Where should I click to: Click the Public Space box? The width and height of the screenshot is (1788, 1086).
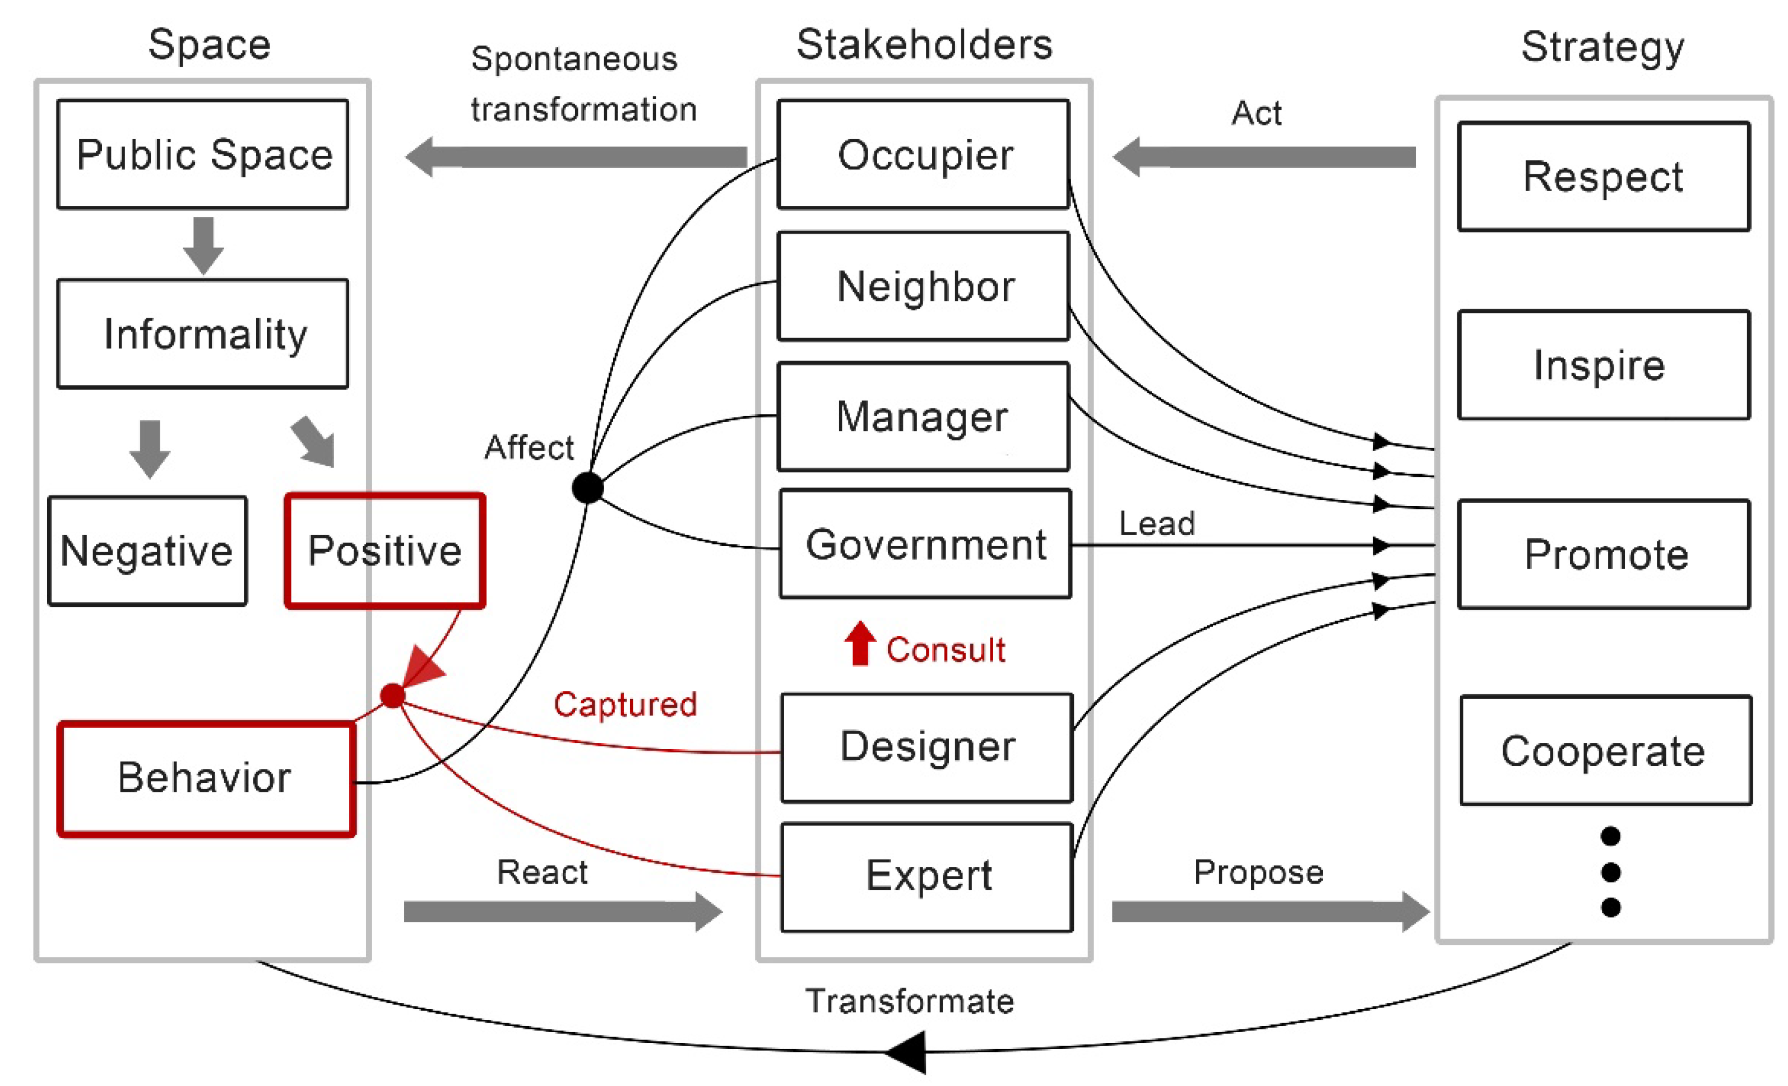(202, 155)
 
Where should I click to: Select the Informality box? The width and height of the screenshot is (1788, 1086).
(202, 334)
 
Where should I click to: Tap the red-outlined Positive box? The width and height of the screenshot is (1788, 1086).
(385, 551)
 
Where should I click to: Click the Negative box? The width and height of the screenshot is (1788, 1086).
(147, 551)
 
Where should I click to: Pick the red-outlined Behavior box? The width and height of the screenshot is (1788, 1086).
(206, 778)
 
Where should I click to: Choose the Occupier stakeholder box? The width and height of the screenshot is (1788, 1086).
(923, 155)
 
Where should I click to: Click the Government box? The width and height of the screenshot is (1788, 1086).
(925, 544)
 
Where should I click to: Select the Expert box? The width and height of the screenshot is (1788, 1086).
(927, 876)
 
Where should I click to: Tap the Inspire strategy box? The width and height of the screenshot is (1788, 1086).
(1604, 365)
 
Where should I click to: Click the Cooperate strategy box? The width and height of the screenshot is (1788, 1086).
(1605, 750)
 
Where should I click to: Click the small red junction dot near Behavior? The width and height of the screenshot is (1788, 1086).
(392, 695)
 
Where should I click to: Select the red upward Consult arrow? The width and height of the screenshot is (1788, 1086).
(860, 643)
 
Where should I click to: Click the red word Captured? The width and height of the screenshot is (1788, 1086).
(625, 704)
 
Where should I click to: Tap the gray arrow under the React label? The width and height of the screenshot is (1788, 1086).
(562, 911)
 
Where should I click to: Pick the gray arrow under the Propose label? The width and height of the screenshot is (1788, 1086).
(1270, 911)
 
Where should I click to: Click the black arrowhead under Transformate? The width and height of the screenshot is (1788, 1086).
(907, 1051)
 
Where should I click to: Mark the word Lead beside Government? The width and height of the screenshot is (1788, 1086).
(1157, 523)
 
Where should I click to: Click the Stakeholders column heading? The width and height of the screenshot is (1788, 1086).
(924, 45)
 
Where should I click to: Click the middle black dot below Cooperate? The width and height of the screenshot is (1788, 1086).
(1610, 871)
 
